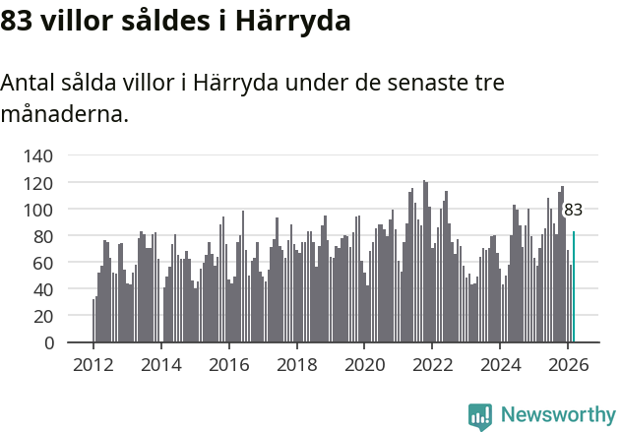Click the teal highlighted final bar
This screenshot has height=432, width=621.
(x=574, y=287)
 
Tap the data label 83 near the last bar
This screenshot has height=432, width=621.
(x=573, y=210)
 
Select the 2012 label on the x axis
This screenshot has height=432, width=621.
(x=93, y=364)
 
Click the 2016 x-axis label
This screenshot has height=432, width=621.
(x=229, y=364)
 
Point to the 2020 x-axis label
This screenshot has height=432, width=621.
(x=365, y=364)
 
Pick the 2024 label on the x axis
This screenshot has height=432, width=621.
(x=501, y=364)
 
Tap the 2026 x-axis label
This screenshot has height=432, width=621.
(x=569, y=364)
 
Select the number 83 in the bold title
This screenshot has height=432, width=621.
(x=17, y=21)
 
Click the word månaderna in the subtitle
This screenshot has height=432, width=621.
(x=64, y=114)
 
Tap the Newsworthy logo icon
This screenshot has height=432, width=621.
(x=480, y=416)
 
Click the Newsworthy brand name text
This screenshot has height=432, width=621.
(x=557, y=416)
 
